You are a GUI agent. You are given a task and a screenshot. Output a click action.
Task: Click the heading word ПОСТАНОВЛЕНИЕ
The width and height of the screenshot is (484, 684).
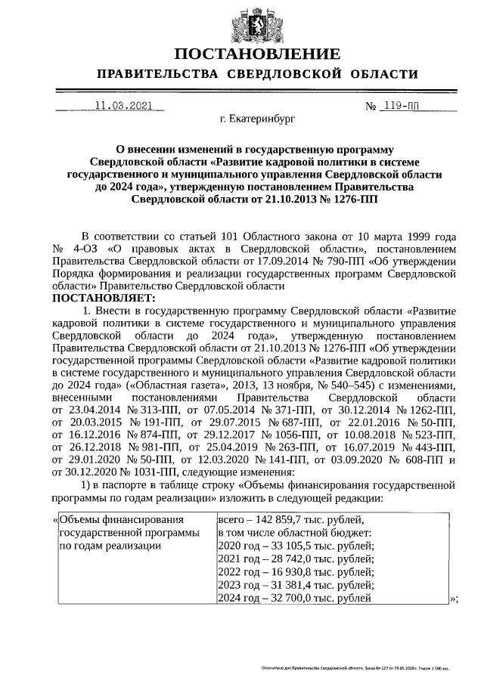(x=257, y=54)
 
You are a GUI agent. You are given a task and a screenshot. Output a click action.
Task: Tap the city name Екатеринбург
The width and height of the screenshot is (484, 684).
(x=257, y=119)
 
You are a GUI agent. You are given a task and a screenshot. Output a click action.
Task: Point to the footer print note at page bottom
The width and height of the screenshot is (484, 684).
(x=355, y=669)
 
